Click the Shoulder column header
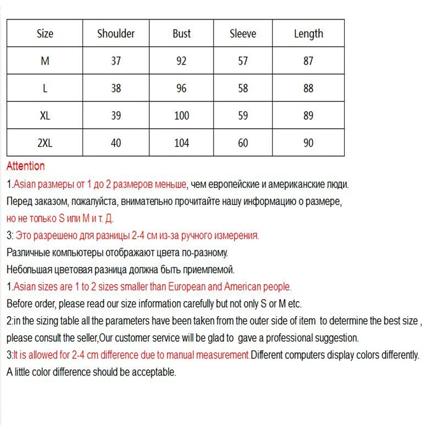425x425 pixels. pos(116,33)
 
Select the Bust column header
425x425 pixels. pos(181,33)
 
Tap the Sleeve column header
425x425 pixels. pos(243,33)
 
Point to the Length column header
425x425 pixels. pos(308,34)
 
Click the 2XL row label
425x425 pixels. pos(45,143)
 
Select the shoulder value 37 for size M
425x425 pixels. pos(116,61)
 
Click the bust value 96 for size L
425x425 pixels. pos(181,88)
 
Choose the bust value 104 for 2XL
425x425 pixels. pos(181,143)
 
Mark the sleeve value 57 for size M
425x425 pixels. pos(243,61)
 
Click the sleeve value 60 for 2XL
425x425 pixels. pos(243,143)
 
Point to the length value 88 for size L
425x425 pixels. pos(308,88)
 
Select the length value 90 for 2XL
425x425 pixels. pos(308,143)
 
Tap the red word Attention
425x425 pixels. pos(25,166)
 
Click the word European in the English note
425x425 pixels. pos(186,287)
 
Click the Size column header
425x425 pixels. pos(45,33)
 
